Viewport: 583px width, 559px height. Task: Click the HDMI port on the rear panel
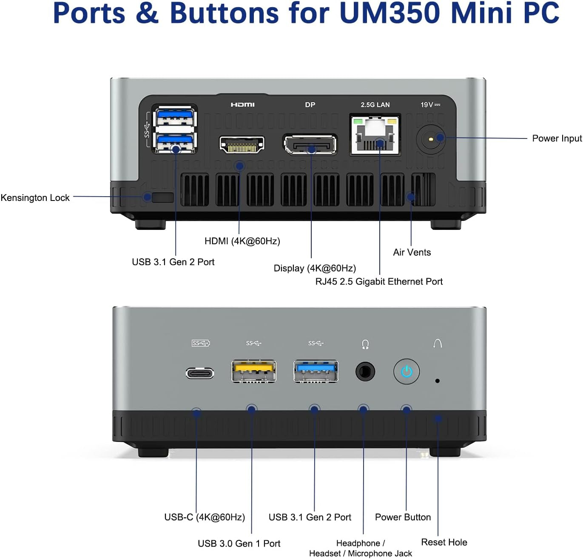tap(242, 145)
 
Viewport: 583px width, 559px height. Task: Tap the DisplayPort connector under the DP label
tap(310, 145)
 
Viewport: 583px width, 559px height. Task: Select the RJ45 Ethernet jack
tap(375, 135)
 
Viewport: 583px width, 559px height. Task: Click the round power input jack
tap(431, 138)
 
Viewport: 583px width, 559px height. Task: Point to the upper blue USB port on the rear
tap(175, 116)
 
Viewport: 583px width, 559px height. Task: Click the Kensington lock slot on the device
tap(162, 198)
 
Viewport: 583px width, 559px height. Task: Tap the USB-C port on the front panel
tap(199, 373)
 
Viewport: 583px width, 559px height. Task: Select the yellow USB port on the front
tap(253, 371)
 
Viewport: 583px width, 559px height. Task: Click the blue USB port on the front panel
tap(316, 371)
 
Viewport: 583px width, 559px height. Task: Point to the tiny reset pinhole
tap(437, 381)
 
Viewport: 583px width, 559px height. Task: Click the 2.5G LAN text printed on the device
tap(375, 104)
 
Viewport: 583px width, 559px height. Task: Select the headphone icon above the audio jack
tap(365, 344)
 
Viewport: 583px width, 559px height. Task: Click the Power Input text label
tap(557, 138)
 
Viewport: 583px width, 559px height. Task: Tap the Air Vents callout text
tap(412, 252)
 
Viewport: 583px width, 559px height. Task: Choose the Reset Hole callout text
tap(444, 542)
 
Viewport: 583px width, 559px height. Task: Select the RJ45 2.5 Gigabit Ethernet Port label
tap(379, 282)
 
